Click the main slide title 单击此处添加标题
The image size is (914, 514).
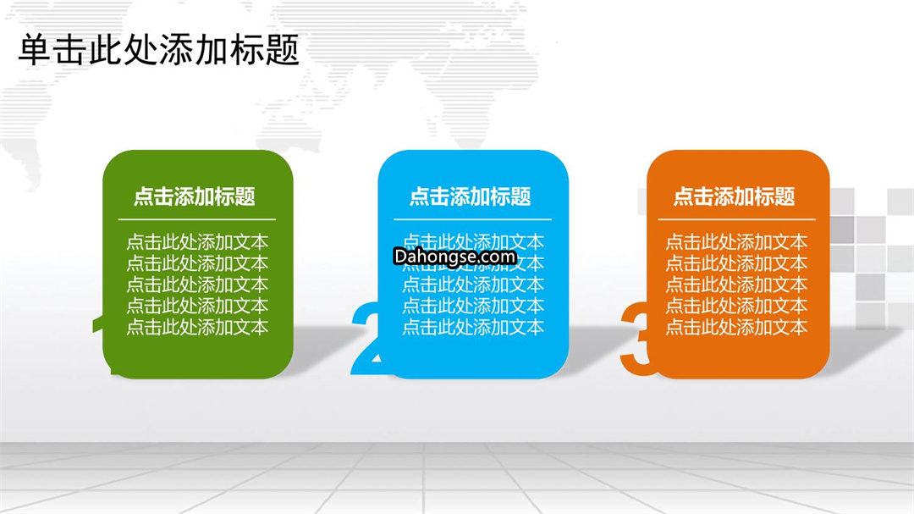coord(158,50)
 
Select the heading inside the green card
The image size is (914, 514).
coord(195,196)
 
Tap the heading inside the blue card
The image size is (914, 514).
coord(471,196)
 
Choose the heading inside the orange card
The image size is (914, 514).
coord(735,196)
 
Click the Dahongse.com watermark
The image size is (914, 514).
coord(455,257)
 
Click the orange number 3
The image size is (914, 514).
coord(636,338)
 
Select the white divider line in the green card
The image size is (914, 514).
coord(197,220)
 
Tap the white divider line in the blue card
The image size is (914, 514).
coord(473,220)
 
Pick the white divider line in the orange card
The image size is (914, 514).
coord(737,220)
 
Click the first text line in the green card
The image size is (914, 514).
coord(197,242)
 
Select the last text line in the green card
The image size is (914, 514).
coord(197,327)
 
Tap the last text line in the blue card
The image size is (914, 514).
coord(473,327)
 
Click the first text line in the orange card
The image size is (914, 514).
coord(737,242)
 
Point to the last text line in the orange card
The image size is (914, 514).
coord(737,327)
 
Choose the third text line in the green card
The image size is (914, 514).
coord(197,285)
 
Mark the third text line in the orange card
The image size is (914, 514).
coord(737,285)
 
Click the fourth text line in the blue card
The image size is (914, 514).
coord(473,306)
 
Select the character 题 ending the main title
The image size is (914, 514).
coord(282,50)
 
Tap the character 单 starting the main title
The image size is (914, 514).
coord(35,50)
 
